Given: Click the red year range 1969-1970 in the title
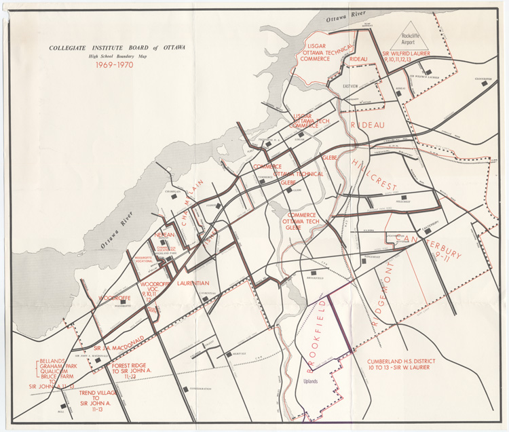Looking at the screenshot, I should click(115, 65).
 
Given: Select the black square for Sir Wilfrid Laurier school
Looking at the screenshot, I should click(426, 71).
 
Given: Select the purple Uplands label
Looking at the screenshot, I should click(310, 380).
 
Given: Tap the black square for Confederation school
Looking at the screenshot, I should click(185, 389).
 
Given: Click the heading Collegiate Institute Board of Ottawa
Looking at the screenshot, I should click(117, 47).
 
